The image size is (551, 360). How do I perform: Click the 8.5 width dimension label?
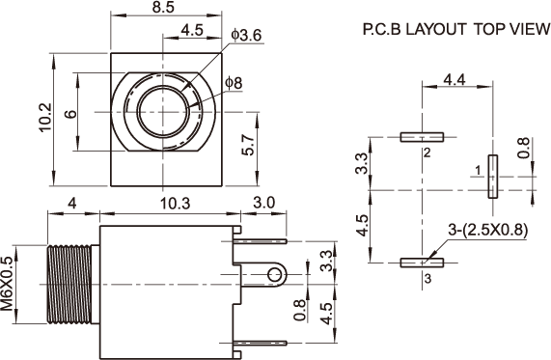163,7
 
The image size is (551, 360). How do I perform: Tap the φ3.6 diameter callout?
247,35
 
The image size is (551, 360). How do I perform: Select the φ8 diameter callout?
234,83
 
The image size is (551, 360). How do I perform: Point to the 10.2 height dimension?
45,118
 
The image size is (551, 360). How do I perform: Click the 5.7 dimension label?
248,145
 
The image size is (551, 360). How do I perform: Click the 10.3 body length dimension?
175,204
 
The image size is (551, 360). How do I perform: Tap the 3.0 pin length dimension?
264,203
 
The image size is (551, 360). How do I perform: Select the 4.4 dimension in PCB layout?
455,80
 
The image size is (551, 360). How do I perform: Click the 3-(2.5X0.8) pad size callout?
488,231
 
